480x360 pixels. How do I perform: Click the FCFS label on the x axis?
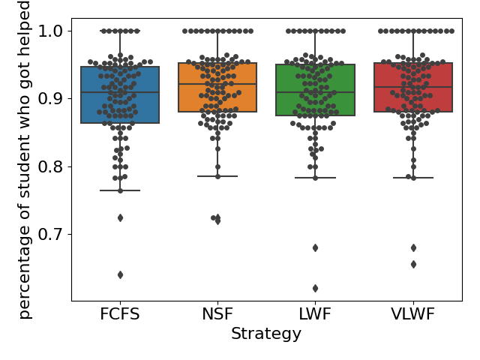click(120, 314)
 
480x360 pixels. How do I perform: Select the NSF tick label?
click(217, 314)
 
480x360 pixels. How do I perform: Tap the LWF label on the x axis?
click(315, 314)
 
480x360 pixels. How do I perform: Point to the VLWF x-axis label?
click(412, 314)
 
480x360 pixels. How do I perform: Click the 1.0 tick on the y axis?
click(52, 31)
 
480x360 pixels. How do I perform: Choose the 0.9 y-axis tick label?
click(52, 98)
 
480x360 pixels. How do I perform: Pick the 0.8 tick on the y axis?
click(52, 166)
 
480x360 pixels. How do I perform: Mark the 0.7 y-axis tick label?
click(52, 234)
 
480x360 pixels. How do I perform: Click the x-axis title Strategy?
click(266, 334)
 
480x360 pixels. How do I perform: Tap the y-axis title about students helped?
click(25, 160)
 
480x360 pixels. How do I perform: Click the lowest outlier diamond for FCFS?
click(120, 274)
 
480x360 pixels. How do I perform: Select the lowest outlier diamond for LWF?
click(315, 288)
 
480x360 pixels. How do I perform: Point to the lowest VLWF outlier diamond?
click(413, 264)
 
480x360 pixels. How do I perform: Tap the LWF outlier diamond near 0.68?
click(315, 247)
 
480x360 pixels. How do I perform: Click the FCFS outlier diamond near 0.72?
click(120, 217)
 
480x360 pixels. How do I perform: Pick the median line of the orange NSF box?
click(217, 85)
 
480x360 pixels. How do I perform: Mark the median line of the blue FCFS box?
click(120, 92)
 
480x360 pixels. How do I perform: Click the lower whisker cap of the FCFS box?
click(120, 190)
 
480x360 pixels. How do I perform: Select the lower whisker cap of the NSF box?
click(217, 176)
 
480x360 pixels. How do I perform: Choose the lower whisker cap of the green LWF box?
click(315, 178)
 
